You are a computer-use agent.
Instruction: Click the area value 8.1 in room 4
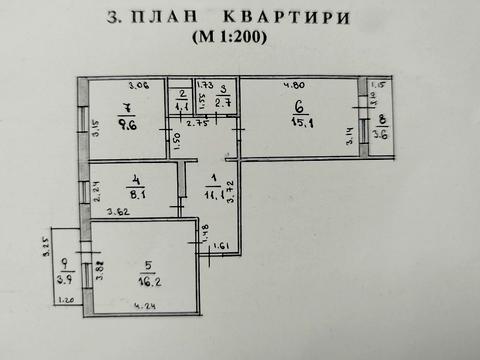[139, 197]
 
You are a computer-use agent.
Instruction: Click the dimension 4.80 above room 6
[292, 85]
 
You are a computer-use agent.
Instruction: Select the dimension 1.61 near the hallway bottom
[222, 245]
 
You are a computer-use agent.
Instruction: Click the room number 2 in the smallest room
[183, 93]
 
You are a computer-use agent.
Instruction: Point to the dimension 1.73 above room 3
[208, 85]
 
